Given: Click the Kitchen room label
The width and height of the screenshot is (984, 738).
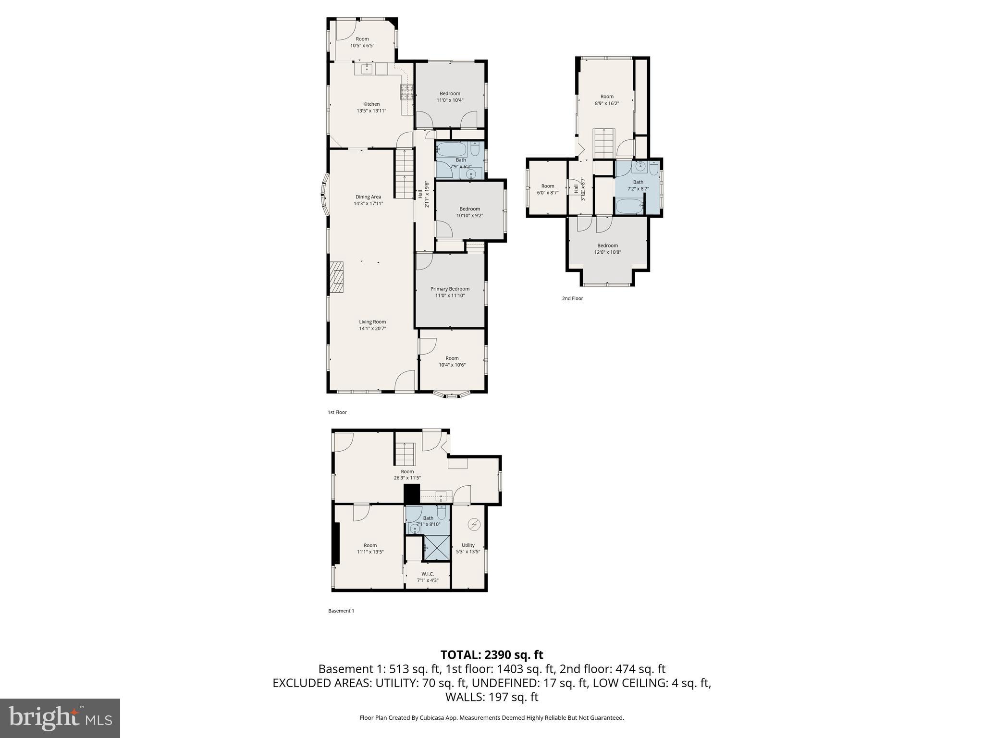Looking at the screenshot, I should coord(371,104).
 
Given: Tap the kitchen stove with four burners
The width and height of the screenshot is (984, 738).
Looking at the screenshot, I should coord(407,92).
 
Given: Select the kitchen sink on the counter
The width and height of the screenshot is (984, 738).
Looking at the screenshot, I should coord(367,69).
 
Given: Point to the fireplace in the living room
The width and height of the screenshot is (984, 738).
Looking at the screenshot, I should coord(337,277).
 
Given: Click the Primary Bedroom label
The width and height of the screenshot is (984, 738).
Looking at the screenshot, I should coord(450,289).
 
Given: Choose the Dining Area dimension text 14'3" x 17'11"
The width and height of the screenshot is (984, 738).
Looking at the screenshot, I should coord(369,204).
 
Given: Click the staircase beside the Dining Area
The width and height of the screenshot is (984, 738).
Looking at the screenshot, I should coord(405,173).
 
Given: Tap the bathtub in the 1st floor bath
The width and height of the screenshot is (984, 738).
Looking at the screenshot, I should coord(452,149).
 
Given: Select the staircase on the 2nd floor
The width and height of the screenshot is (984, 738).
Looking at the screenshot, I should coord(604,143).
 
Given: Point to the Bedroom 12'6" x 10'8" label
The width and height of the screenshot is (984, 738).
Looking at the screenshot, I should coord(607,249).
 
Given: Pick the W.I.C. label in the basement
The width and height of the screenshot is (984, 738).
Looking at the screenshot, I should coord(428,574).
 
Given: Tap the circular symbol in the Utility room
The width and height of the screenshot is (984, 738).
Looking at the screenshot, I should coord(474,525).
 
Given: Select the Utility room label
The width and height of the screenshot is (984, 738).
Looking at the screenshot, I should coord(468,545).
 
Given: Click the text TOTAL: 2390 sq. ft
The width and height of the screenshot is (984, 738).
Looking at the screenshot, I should coord(492,655).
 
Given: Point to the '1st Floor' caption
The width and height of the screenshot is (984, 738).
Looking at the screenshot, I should coord(337,412).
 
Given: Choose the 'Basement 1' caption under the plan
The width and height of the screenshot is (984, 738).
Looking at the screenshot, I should coord(341,611).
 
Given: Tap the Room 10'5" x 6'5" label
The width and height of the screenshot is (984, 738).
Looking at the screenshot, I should coord(362,42).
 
